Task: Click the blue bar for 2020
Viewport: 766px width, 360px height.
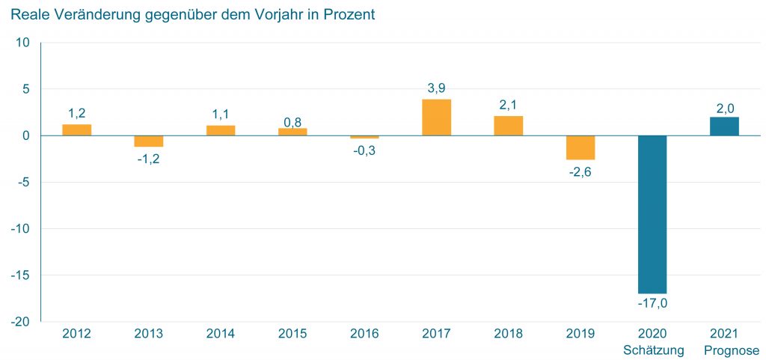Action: (652, 214)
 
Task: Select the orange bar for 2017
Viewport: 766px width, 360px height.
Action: (436, 118)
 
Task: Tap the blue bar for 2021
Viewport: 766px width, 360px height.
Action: (723, 126)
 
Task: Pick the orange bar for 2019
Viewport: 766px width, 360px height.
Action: (580, 147)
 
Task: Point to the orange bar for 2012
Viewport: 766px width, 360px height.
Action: (77, 129)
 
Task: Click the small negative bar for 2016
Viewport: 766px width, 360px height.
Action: (364, 137)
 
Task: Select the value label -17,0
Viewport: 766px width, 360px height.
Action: (652, 303)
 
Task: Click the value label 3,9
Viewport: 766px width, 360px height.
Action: (436, 88)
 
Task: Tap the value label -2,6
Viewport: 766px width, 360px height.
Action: (580, 171)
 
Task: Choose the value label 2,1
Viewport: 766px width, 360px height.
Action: (508, 105)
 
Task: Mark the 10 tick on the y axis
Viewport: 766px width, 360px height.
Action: (22, 43)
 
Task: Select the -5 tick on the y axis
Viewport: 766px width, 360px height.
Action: (22, 182)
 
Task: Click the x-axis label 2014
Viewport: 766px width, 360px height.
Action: (221, 334)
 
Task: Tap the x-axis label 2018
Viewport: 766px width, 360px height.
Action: (508, 334)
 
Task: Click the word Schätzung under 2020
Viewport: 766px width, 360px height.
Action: (652, 350)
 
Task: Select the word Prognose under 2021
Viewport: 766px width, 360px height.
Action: (723, 350)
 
